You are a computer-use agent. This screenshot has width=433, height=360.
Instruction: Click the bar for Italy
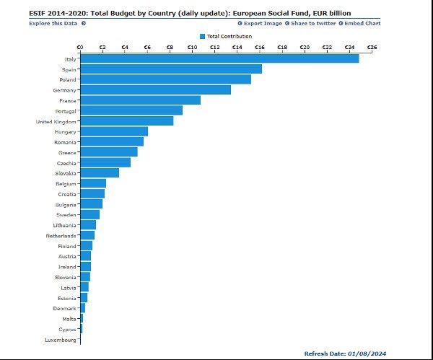tap(219, 58)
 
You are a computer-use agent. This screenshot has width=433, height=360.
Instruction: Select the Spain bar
tap(171, 69)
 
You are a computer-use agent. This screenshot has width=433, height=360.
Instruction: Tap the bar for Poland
tap(165, 79)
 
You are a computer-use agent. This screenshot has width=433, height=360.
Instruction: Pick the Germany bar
tap(155, 89)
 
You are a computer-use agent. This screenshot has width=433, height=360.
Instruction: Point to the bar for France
tap(140, 100)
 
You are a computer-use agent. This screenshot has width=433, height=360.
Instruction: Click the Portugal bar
tap(131, 110)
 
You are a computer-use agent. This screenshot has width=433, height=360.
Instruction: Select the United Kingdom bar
tap(126, 121)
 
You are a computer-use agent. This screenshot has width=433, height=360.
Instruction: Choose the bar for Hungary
tap(114, 131)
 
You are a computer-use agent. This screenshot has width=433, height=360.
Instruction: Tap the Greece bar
tap(109, 152)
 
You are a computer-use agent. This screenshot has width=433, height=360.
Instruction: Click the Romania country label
tap(65, 142)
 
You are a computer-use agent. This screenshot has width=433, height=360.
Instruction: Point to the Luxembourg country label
tap(60, 339)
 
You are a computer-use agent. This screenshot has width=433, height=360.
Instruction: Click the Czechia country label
tap(66, 163)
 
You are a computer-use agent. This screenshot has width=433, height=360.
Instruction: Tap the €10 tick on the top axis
tap(192, 47)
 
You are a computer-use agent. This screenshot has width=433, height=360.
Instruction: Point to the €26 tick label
tap(372, 47)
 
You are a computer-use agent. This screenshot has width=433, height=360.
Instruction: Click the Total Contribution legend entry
tap(226, 35)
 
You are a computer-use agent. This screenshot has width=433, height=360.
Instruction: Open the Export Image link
tap(260, 23)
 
